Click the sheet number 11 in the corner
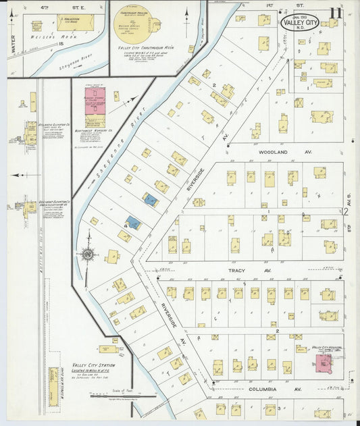[336, 13]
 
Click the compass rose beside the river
[87, 254]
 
